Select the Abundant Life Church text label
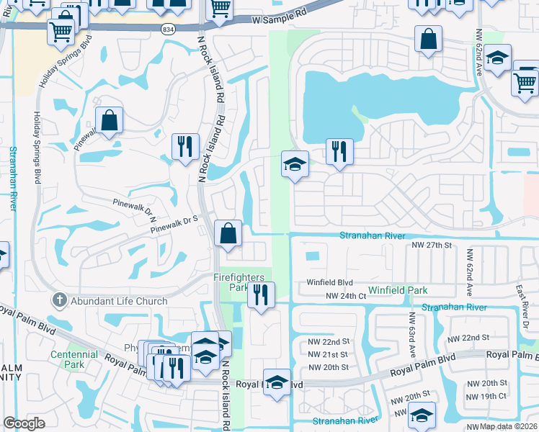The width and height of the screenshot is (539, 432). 120,301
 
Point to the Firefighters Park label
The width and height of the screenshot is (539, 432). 239,282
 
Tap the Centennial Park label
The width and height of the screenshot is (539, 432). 73,359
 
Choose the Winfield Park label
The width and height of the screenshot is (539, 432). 398,291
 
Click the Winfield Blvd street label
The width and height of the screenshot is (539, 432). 329,283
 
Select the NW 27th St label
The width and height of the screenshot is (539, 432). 431,246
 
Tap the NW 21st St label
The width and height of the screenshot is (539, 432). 328,354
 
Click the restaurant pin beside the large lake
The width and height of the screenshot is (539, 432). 339,151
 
